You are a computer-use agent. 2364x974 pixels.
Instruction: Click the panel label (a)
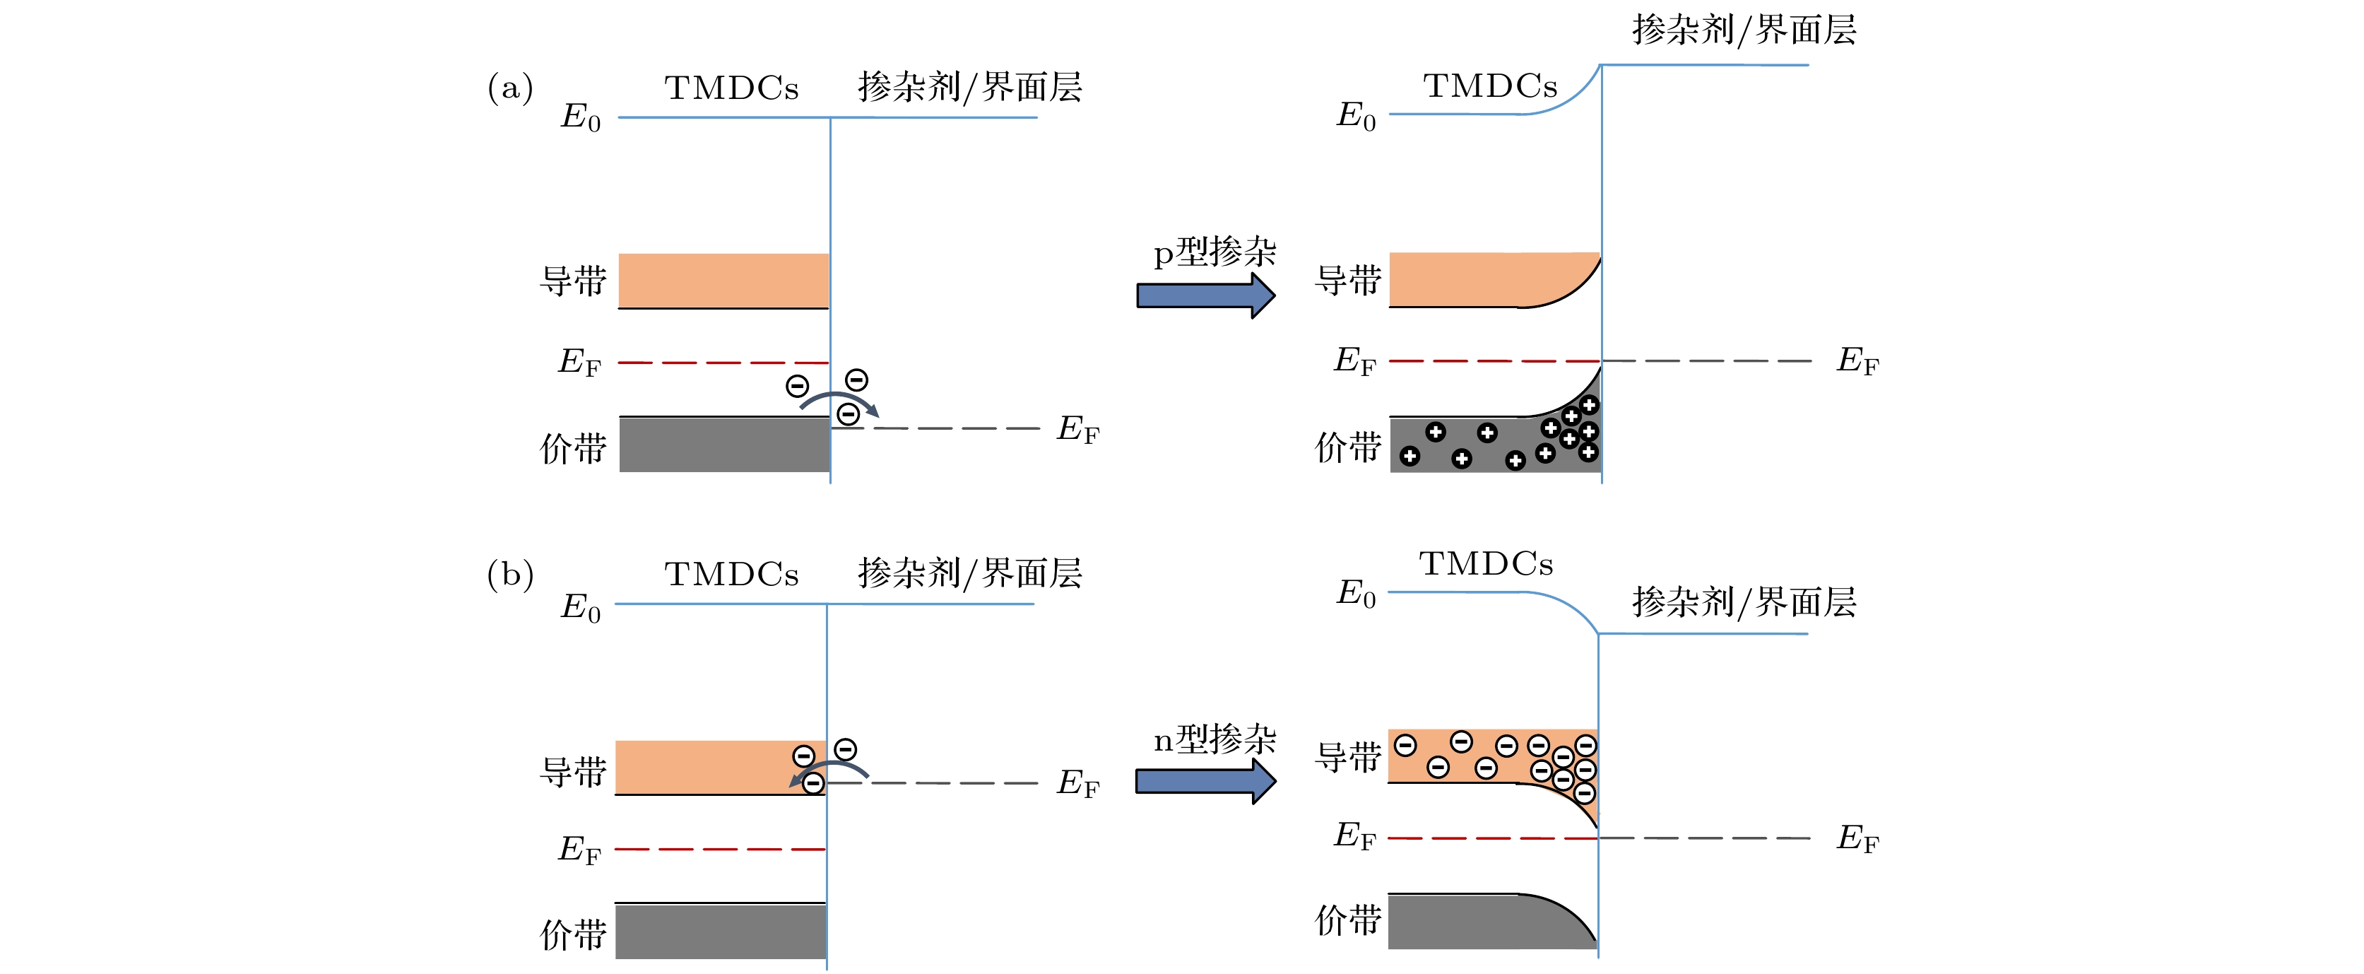coord(510,88)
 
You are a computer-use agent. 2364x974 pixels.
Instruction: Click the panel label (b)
coord(510,575)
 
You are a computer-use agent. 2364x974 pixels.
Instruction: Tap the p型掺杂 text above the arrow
coord(1214,252)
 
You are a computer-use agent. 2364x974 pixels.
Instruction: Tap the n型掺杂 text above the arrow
coord(1214,738)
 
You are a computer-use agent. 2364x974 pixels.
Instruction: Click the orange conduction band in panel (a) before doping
coord(723,280)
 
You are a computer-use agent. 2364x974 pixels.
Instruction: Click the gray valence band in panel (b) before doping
coord(721,931)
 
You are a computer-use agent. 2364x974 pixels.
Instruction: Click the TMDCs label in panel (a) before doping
coord(731,88)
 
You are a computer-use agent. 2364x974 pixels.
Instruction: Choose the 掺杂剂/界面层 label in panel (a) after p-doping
coord(1744,30)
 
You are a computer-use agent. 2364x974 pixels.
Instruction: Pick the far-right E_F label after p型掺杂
coord(1857,360)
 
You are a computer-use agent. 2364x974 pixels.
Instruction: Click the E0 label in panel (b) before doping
coord(580,608)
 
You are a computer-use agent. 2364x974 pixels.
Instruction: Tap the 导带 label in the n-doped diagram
coord(1347,757)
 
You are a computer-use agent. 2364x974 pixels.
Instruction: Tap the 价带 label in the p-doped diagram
coord(1347,447)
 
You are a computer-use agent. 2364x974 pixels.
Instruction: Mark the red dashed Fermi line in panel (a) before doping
coord(723,363)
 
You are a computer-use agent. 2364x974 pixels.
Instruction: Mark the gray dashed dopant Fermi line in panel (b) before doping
coord(945,783)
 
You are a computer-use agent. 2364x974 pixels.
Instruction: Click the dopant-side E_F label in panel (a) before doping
coord(1077,429)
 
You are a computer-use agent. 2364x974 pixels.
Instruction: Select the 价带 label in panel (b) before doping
coord(573,934)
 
